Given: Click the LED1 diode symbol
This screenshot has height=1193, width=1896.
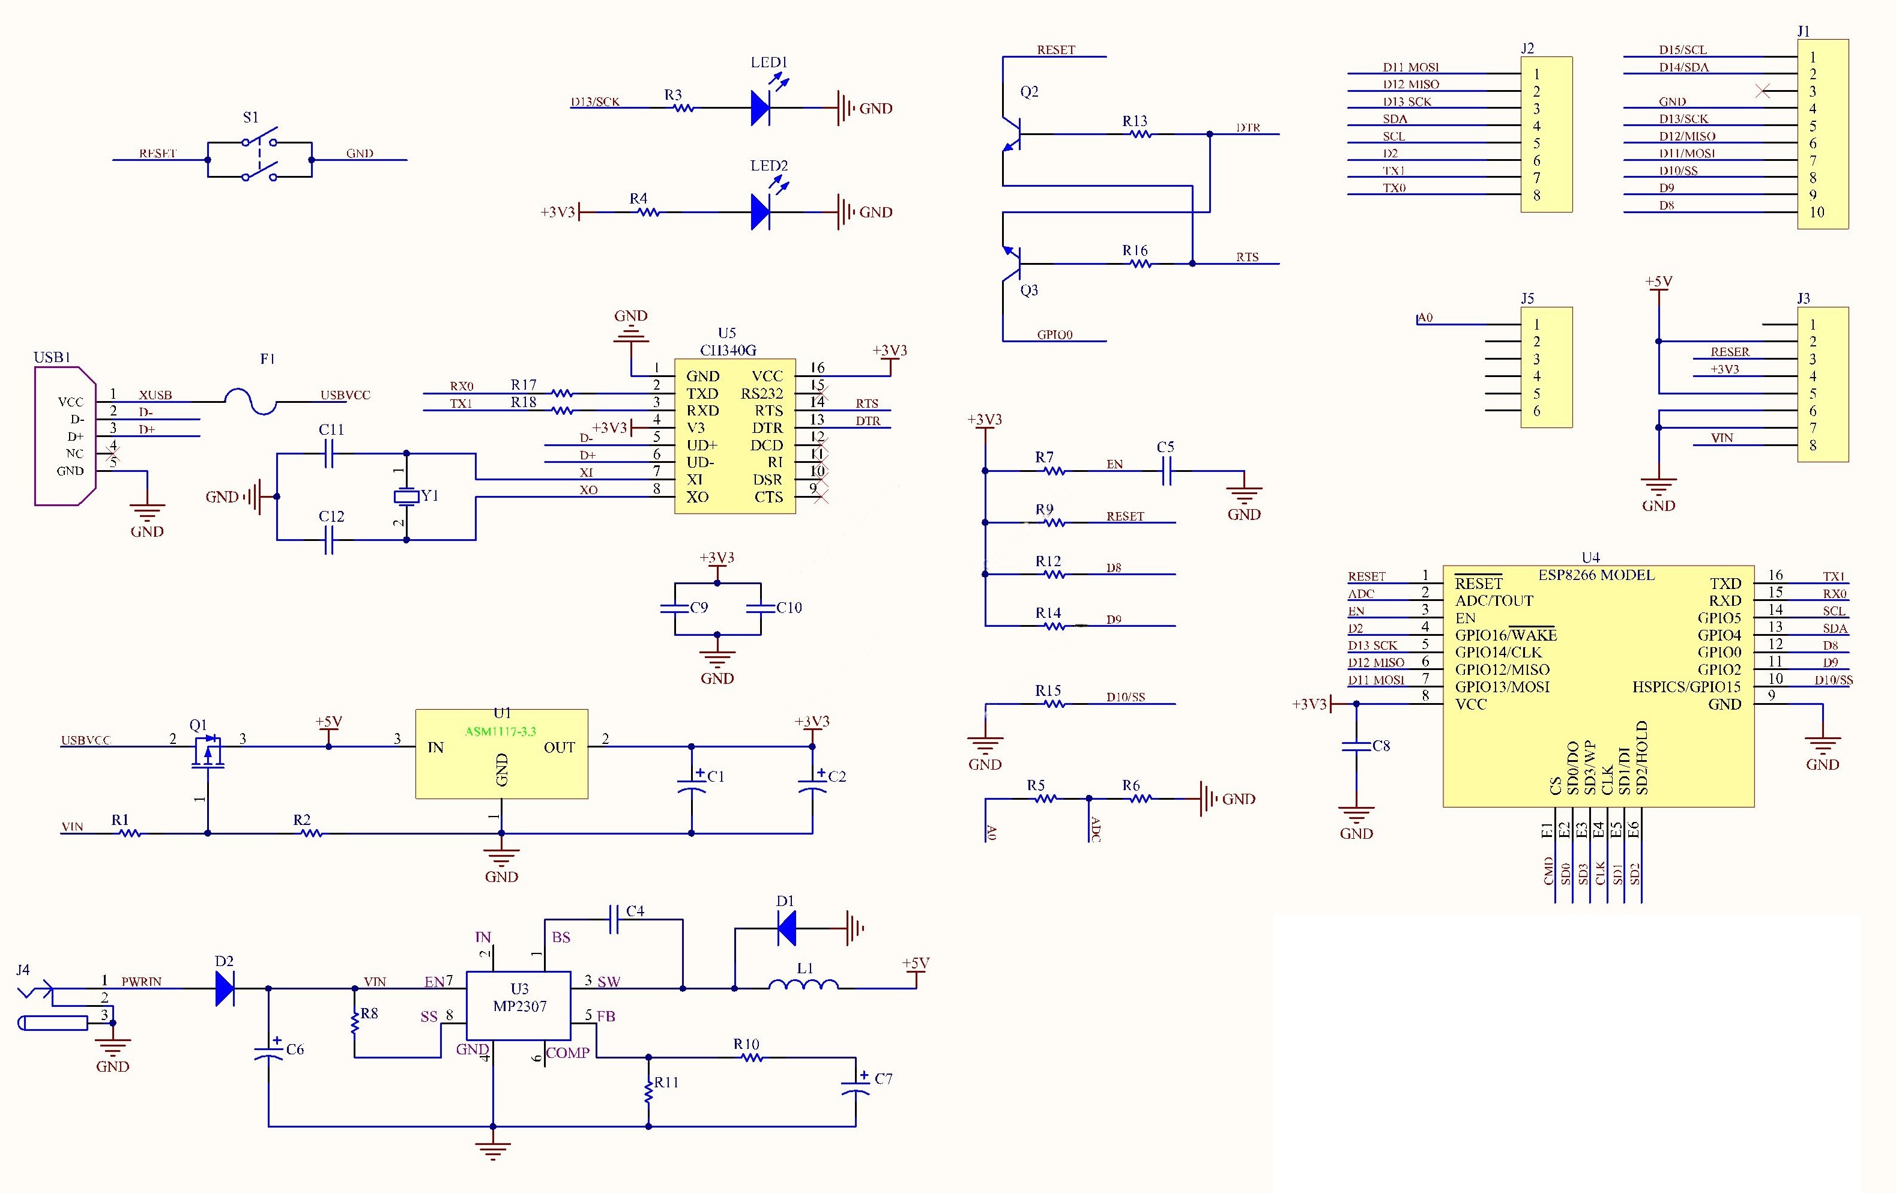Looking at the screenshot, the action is pyautogui.click(x=761, y=108).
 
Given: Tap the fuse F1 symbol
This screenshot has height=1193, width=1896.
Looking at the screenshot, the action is pyautogui.click(x=251, y=402).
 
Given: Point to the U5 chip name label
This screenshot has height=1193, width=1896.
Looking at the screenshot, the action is pyautogui.click(x=728, y=349).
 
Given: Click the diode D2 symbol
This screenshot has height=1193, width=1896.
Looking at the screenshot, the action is pyautogui.click(x=225, y=988).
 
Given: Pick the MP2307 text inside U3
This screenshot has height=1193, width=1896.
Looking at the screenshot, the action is pyautogui.click(x=520, y=1006).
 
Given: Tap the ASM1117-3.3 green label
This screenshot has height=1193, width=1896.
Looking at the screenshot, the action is pyautogui.click(x=501, y=731).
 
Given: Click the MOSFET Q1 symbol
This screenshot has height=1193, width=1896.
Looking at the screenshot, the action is pyautogui.click(x=207, y=752).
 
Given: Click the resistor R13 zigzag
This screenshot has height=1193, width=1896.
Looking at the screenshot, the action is pyautogui.click(x=1140, y=134).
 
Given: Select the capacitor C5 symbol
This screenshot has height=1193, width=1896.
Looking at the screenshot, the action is pyautogui.click(x=1167, y=471).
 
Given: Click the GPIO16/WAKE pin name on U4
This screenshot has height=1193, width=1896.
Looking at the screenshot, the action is pyautogui.click(x=1506, y=635).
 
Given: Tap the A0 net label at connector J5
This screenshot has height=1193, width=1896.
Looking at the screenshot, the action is pyautogui.click(x=1425, y=318).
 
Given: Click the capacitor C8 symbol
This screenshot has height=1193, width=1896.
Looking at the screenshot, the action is pyautogui.click(x=1356, y=746).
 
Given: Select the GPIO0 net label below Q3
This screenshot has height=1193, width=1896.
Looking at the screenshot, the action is pyautogui.click(x=1054, y=334).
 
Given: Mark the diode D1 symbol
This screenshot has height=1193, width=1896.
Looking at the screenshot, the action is pyautogui.click(x=786, y=928).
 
